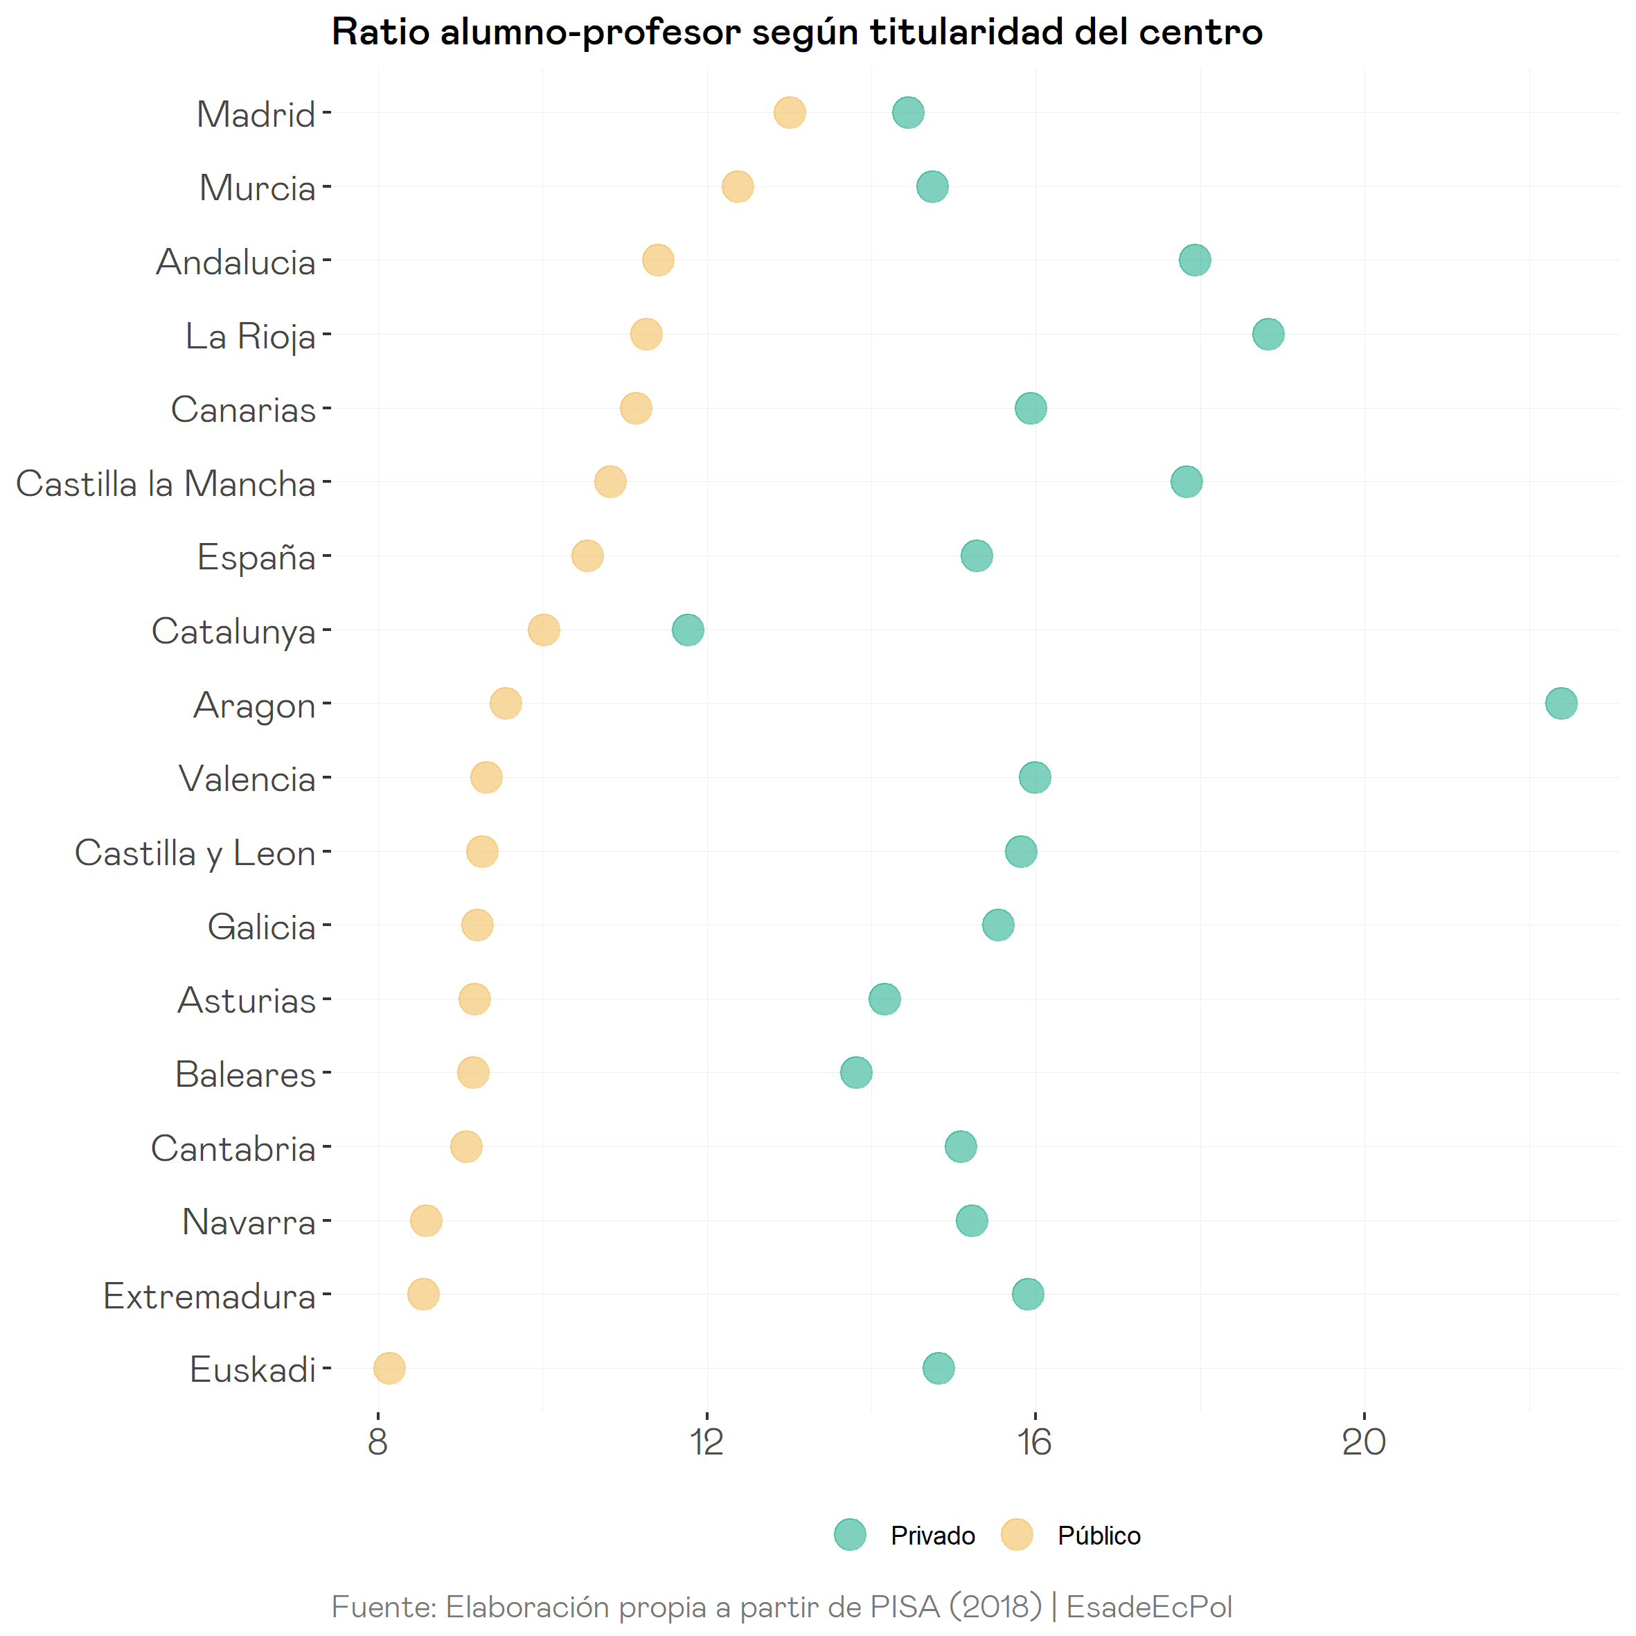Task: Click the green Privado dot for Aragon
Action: point(1561,703)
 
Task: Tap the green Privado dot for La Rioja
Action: point(1268,335)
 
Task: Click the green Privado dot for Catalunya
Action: point(688,630)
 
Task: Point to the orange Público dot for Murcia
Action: point(738,186)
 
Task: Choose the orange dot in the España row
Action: point(587,556)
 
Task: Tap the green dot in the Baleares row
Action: point(856,1073)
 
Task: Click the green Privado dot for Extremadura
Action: point(1027,1294)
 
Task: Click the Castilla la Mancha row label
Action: point(166,483)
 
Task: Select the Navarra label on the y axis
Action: point(249,1222)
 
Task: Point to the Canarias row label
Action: point(243,410)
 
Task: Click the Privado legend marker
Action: point(849,1534)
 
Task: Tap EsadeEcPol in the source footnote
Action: point(1148,1606)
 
